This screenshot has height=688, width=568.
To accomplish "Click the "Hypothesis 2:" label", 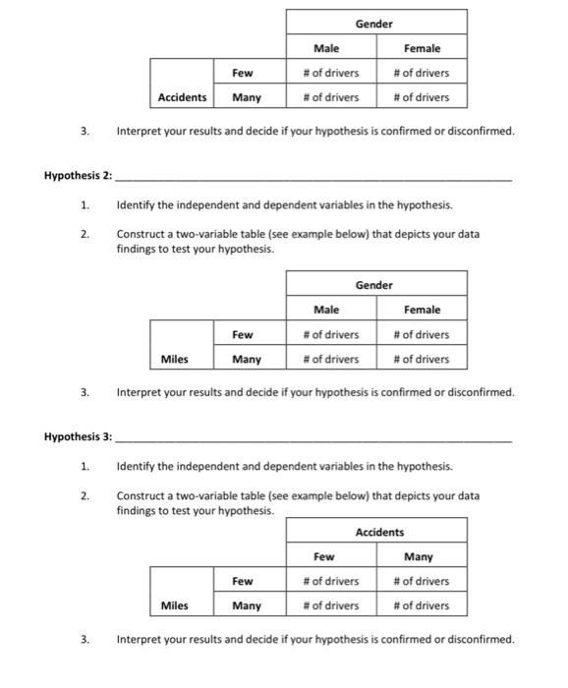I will coord(79,176).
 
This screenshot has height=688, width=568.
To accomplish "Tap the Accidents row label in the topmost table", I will coord(182,97).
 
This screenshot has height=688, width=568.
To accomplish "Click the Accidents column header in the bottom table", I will coord(379,532).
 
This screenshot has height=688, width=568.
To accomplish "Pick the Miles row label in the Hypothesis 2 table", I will coord(175,359).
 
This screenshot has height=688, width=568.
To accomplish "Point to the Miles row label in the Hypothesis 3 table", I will coord(175,605).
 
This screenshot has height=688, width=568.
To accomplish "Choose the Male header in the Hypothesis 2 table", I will coord(326,310).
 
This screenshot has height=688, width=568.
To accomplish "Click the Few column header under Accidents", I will coord(324,556).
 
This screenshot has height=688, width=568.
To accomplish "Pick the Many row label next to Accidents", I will coord(247,97).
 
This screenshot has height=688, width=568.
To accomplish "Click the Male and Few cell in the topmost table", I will coord(331,73).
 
